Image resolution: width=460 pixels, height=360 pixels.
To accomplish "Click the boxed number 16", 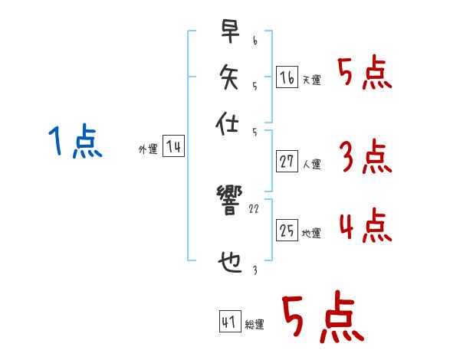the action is click(286, 77).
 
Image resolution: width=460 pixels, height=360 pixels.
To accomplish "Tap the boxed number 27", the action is click(287, 161).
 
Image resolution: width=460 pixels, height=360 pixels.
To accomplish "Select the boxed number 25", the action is click(287, 230).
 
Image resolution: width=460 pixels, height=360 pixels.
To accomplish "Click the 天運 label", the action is click(311, 80).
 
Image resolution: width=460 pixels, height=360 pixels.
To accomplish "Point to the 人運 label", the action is click(312, 164).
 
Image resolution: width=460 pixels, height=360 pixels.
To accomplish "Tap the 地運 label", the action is click(311, 233).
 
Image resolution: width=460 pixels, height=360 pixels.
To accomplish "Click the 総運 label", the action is click(255, 325).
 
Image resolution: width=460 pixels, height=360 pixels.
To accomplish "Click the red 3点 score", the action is click(364, 158).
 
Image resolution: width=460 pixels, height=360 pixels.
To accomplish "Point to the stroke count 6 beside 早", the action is click(254, 37).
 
